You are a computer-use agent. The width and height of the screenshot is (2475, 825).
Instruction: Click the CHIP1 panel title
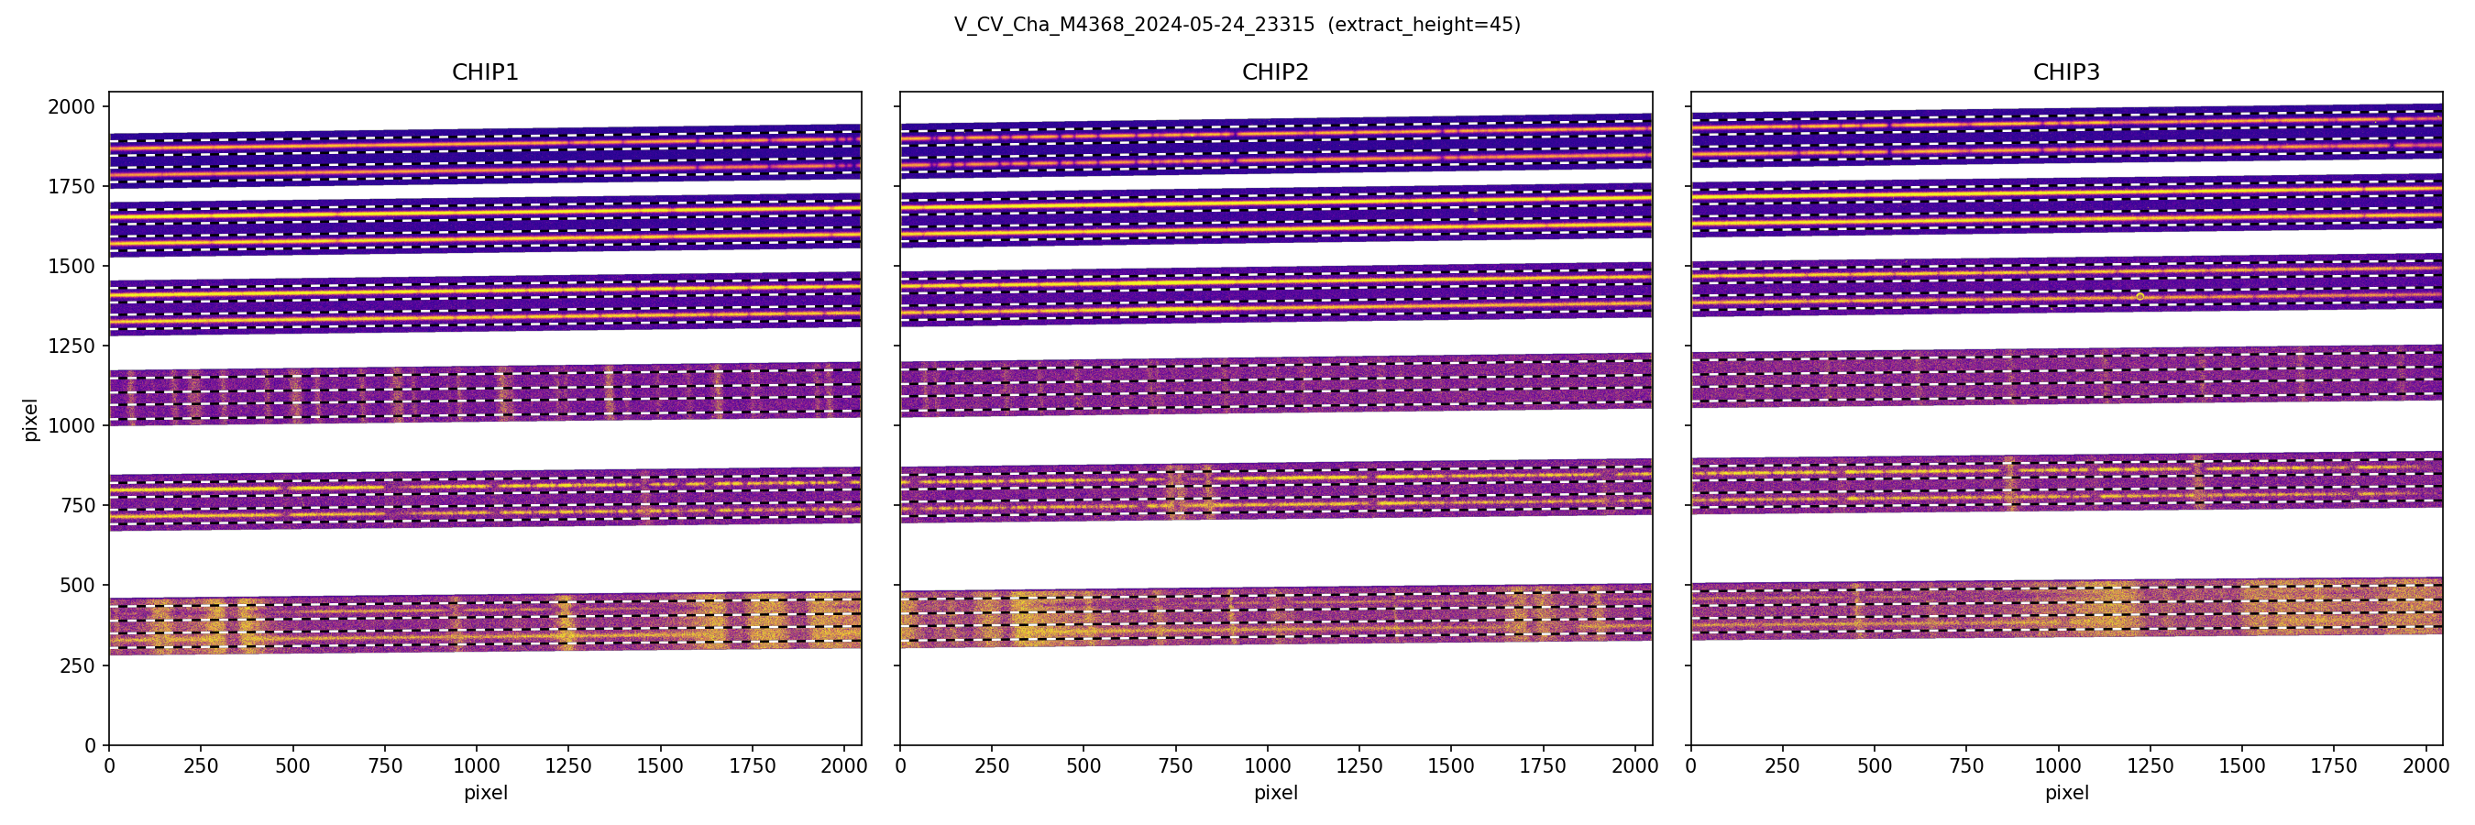pos(484,72)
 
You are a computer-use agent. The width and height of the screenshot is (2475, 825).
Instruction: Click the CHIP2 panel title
pos(1275,72)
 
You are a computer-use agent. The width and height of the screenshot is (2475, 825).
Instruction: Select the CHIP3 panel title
pos(2065,72)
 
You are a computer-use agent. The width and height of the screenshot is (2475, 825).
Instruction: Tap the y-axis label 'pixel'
pos(31,420)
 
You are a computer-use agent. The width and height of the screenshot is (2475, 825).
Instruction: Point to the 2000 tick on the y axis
pos(72,106)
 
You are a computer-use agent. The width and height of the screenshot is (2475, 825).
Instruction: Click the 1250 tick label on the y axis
pos(72,346)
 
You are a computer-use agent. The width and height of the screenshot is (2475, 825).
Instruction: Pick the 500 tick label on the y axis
pos(78,585)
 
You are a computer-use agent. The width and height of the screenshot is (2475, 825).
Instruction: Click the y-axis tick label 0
pos(91,745)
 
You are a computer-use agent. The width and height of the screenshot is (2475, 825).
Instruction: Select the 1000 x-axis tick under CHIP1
pos(477,766)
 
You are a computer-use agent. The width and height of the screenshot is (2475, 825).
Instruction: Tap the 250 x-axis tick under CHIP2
pos(992,766)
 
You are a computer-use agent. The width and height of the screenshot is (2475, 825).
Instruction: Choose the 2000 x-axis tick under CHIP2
pos(1634,766)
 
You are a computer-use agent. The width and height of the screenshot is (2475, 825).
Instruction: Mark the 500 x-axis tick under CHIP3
pos(1875,766)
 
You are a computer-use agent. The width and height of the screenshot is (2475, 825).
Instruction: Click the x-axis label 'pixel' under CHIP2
pos(1275,793)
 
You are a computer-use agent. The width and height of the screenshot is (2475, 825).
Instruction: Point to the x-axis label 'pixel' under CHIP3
pos(2065,793)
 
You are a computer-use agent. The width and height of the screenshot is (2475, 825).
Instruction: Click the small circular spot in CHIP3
pos(2140,297)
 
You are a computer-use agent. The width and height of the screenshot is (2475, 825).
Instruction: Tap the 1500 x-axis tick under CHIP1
pos(660,766)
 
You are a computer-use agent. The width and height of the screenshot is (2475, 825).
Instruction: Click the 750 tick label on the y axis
pos(78,505)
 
